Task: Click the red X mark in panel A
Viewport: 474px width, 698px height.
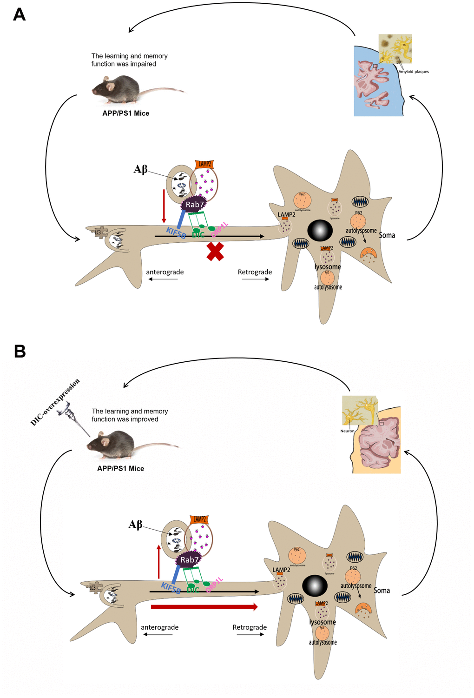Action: (215, 251)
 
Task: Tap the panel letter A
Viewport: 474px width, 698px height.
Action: (19, 14)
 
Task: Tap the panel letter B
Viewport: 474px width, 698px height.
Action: (20, 351)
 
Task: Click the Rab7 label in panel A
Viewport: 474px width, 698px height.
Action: (195, 205)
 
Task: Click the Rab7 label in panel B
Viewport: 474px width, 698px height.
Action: (190, 560)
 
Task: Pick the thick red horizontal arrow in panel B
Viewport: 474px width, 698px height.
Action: (204, 607)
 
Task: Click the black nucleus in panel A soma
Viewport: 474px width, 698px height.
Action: (320, 230)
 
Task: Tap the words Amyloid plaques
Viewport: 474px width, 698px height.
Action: (414, 72)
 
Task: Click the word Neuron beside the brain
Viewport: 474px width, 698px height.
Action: (347, 431)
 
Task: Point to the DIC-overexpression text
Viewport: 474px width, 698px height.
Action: (55, 402)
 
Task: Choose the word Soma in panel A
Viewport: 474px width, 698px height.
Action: (387, 235)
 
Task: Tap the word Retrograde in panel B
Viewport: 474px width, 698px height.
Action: (250, 627)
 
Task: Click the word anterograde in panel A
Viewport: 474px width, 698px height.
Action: (165, 272)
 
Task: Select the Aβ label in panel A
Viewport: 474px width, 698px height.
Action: (140, 169)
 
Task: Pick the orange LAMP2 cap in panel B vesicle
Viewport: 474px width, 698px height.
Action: (199, 519)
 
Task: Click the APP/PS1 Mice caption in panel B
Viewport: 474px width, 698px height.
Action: (120, 468)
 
